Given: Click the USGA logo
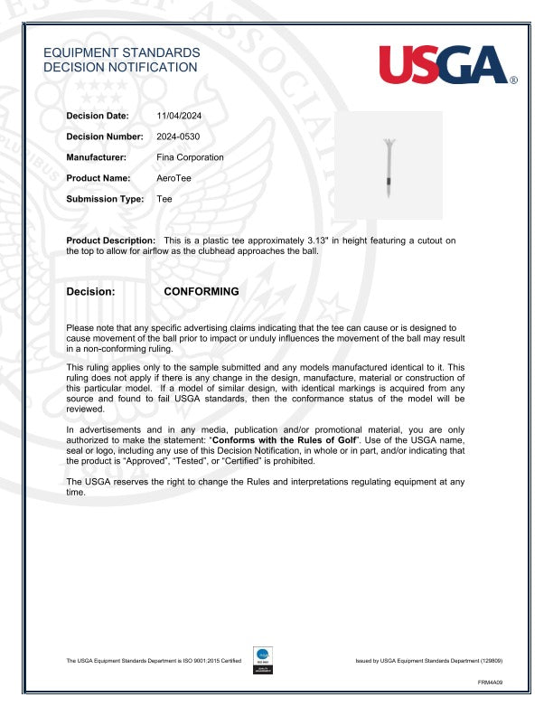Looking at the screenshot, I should click(x=445, y=65).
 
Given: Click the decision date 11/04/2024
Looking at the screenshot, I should click(x=177, y=116).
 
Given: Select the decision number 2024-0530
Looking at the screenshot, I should click(x=178, y=137).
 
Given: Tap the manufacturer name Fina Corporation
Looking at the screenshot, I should click(x=190, y=157).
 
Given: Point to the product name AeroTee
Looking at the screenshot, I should click(x=174, y=178).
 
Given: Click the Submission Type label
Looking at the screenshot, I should click(x=105, y=199).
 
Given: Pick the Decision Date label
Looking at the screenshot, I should click(x=98, y=116).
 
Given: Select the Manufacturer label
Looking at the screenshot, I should click(x=96, y=157).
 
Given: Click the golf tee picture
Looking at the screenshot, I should click(x=388, y=166).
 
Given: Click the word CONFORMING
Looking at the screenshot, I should click(x=202, y=292).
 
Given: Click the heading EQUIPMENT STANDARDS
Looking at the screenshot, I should click(x=122, y=53).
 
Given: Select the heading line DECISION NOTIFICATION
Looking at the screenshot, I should click(x=120, y=67).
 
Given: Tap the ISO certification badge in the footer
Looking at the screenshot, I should click(x=264, y=660).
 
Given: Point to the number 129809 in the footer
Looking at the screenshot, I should click(x=491, y=662).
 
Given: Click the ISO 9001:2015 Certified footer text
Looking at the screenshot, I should click(x=154, y=662).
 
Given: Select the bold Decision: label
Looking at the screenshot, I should click(x=91, y=292).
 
